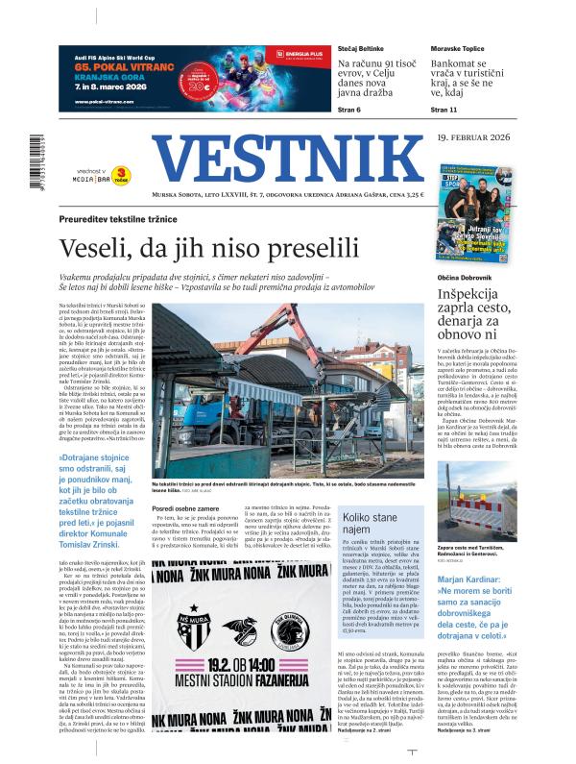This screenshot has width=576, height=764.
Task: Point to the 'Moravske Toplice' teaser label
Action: click(459, 47)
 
